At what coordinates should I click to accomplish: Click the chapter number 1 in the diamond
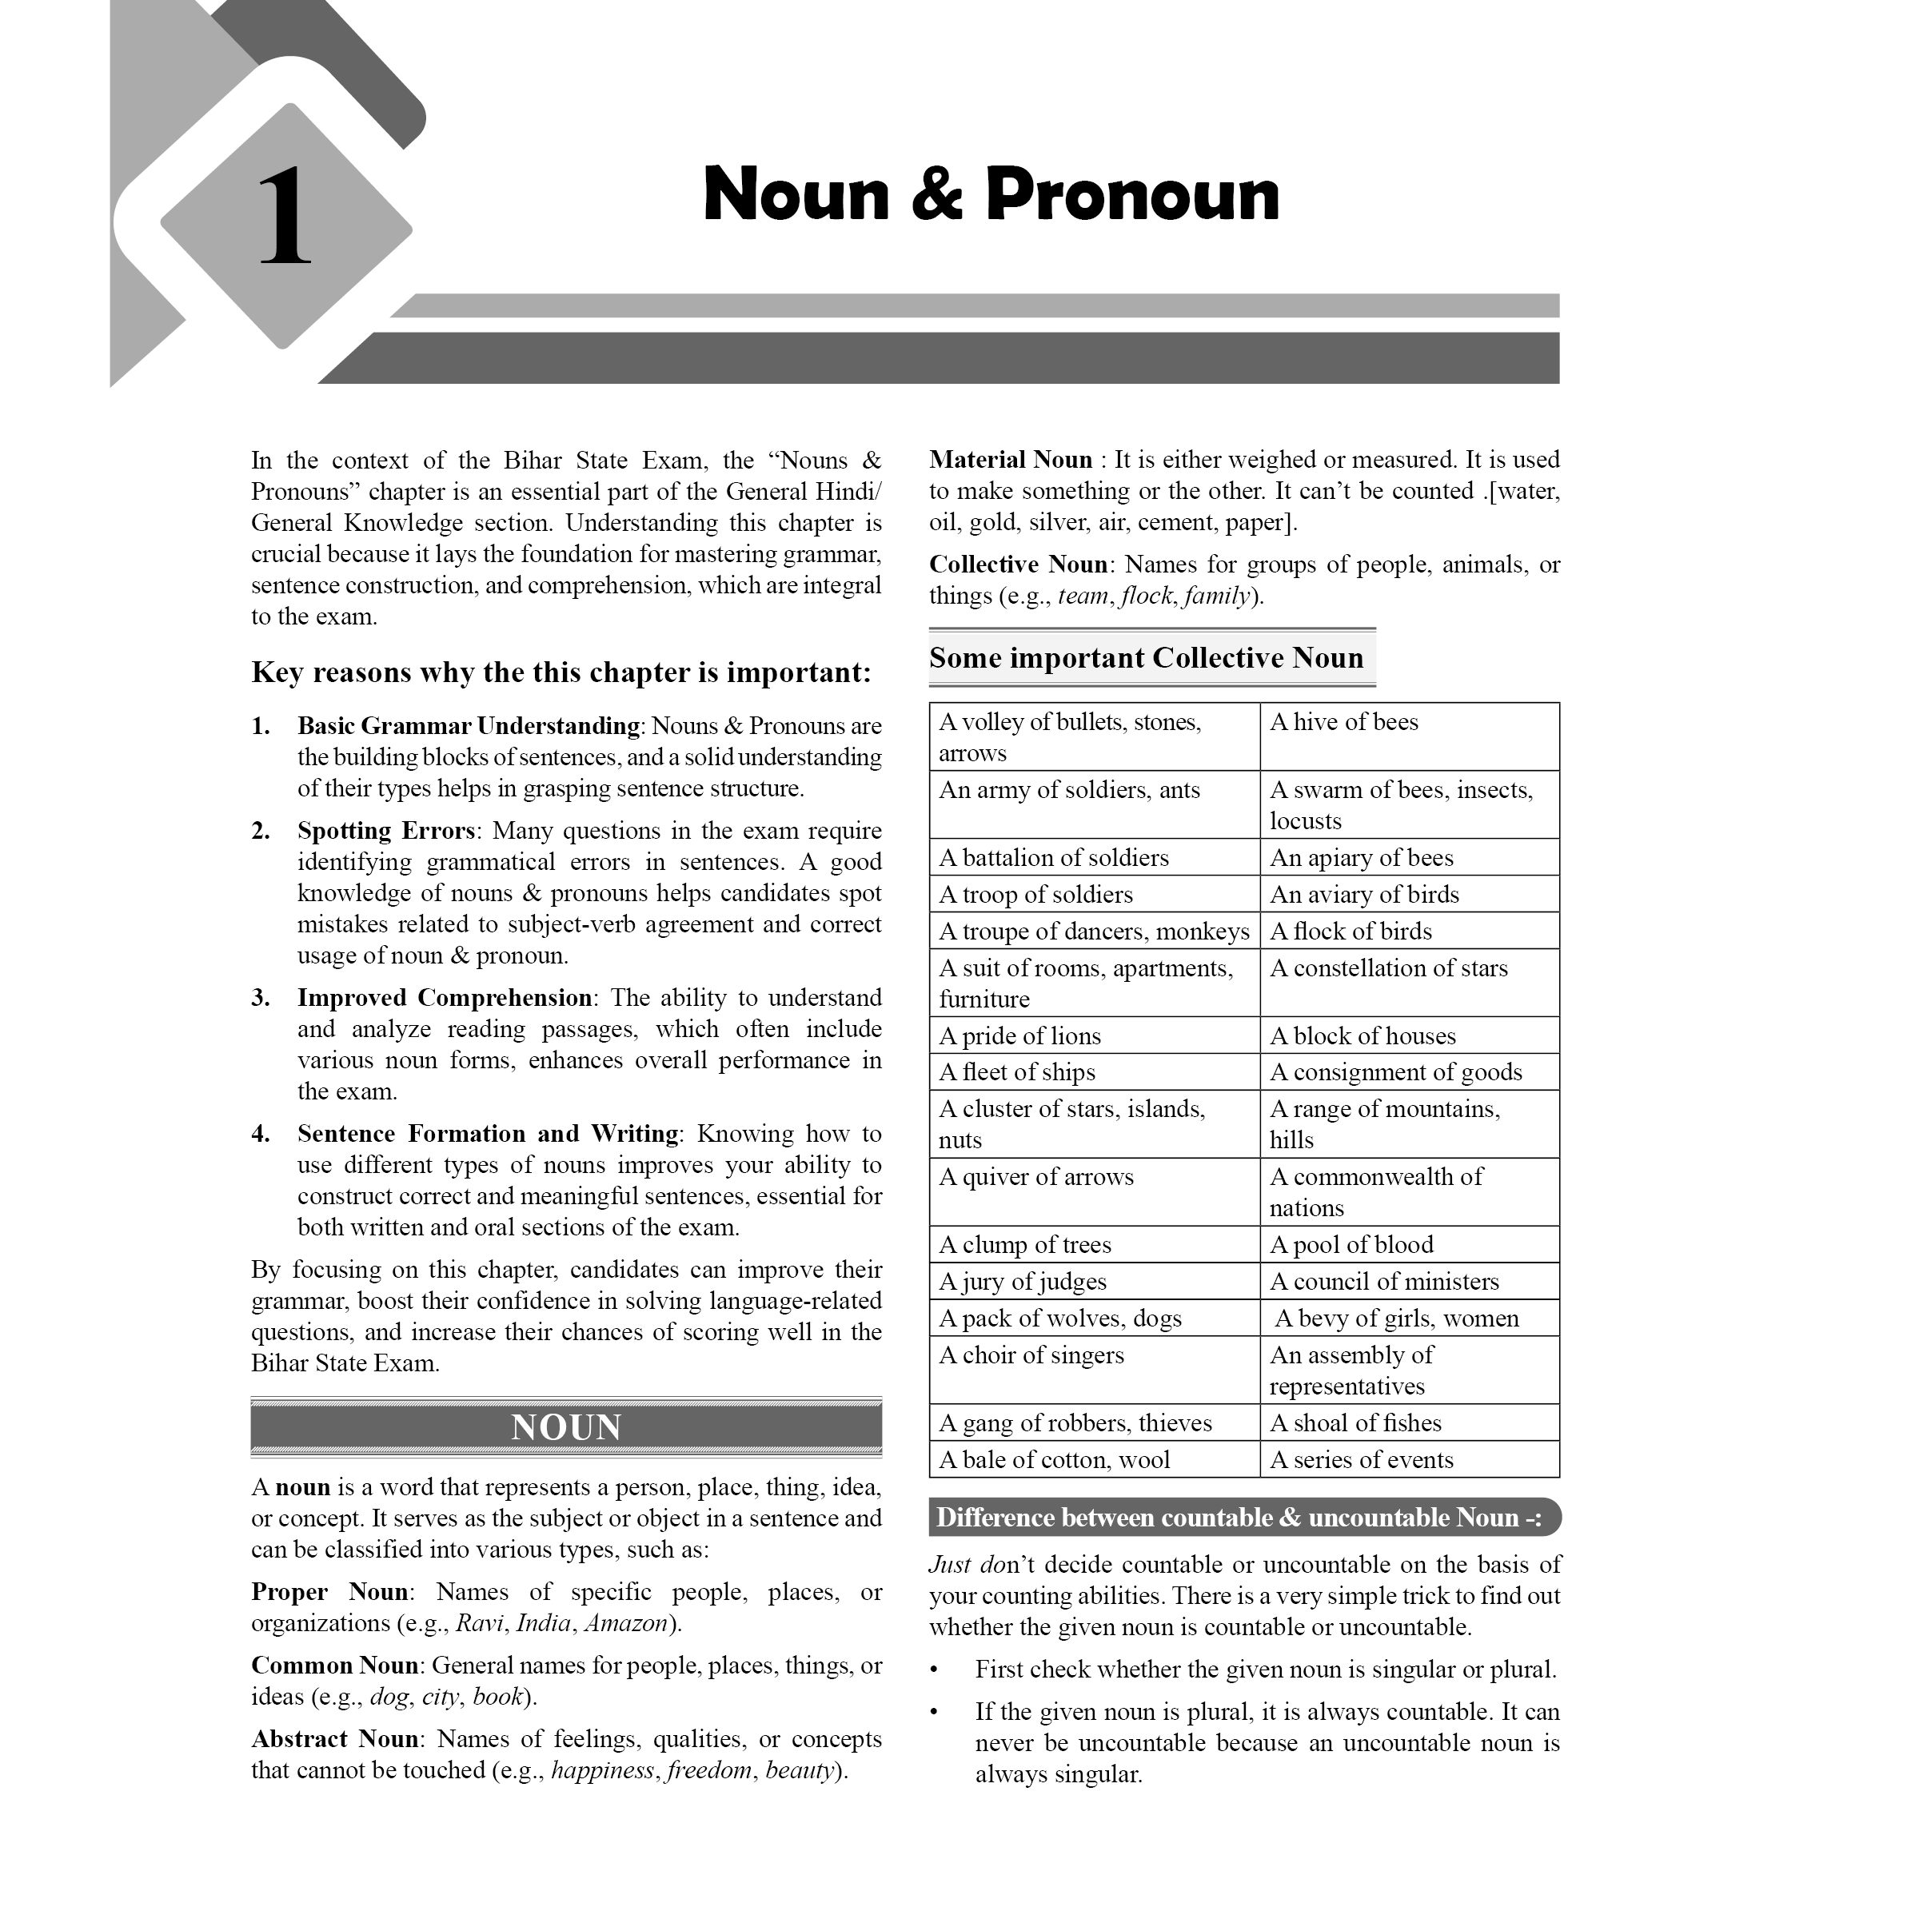coord(285,217)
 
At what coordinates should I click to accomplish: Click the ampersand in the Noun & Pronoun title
coord(936,196)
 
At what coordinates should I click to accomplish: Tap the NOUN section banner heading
coord(566,1427)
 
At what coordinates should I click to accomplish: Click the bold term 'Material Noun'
coord(1010,460)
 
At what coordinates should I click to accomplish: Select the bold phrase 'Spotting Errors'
coord(387,832)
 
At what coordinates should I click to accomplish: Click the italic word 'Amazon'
coord(626,1624)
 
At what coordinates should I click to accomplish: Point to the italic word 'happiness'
coord(602,1771)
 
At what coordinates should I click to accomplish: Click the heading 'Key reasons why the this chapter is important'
coord(561,673)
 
